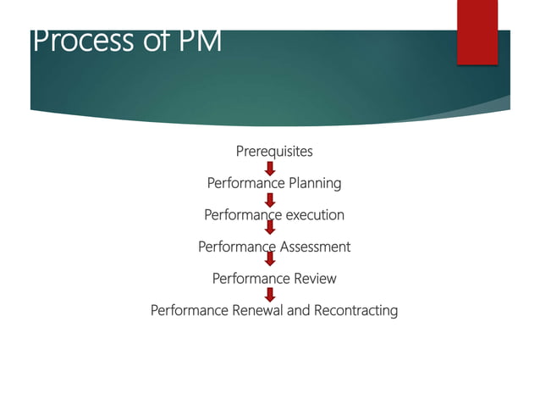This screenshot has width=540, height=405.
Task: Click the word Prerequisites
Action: coord(273,152)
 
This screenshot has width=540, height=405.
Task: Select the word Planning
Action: coord(315,183)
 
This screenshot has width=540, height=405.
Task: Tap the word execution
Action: coord(315,215)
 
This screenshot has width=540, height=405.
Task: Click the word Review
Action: coord(314,278)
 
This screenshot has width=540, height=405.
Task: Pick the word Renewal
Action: coord(255,310)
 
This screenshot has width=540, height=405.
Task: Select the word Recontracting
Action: coord(355,310)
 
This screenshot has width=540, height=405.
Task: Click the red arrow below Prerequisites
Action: coord(270,168)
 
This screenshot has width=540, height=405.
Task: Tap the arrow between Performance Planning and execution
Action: coord(270,200)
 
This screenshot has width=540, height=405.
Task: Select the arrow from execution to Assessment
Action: coord(270,228)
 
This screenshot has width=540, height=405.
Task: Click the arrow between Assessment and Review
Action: coord(270,259)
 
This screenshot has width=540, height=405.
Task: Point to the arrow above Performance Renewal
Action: coord(270,294)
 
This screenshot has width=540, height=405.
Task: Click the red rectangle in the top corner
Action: coord(477,32)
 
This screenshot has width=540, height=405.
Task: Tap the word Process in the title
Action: coord(74,40)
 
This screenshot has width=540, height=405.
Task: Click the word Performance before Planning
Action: coord(245,183)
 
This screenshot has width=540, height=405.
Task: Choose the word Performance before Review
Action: coord(250,278)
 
